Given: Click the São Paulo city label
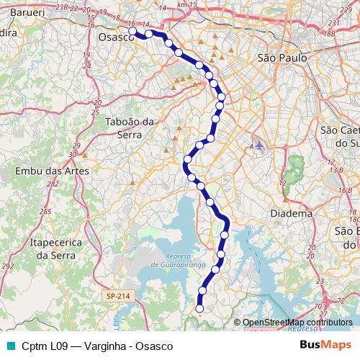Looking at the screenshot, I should pyautogui.click(x=283, y=57).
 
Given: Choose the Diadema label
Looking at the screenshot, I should pyautogui.click(x=291, y=213).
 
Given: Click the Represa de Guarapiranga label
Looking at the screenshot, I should pyautogui.click(x=175, y=261).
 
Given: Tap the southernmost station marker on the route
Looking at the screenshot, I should pyautogui.click(x=200, y=309).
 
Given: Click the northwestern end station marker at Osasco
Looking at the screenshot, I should pyautogui.click(x=132, y=31).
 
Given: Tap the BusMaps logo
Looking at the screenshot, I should pyautogui.click(x=325, y=344).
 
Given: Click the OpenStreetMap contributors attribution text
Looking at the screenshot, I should pyautogui.click(x=297, y=322).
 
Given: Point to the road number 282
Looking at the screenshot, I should pyautogui.click(x=53, y=185).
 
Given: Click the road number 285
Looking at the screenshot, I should pyautogui.click(x=45, y=212).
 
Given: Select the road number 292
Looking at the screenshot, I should pyautogui.click(x=7, y=266).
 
